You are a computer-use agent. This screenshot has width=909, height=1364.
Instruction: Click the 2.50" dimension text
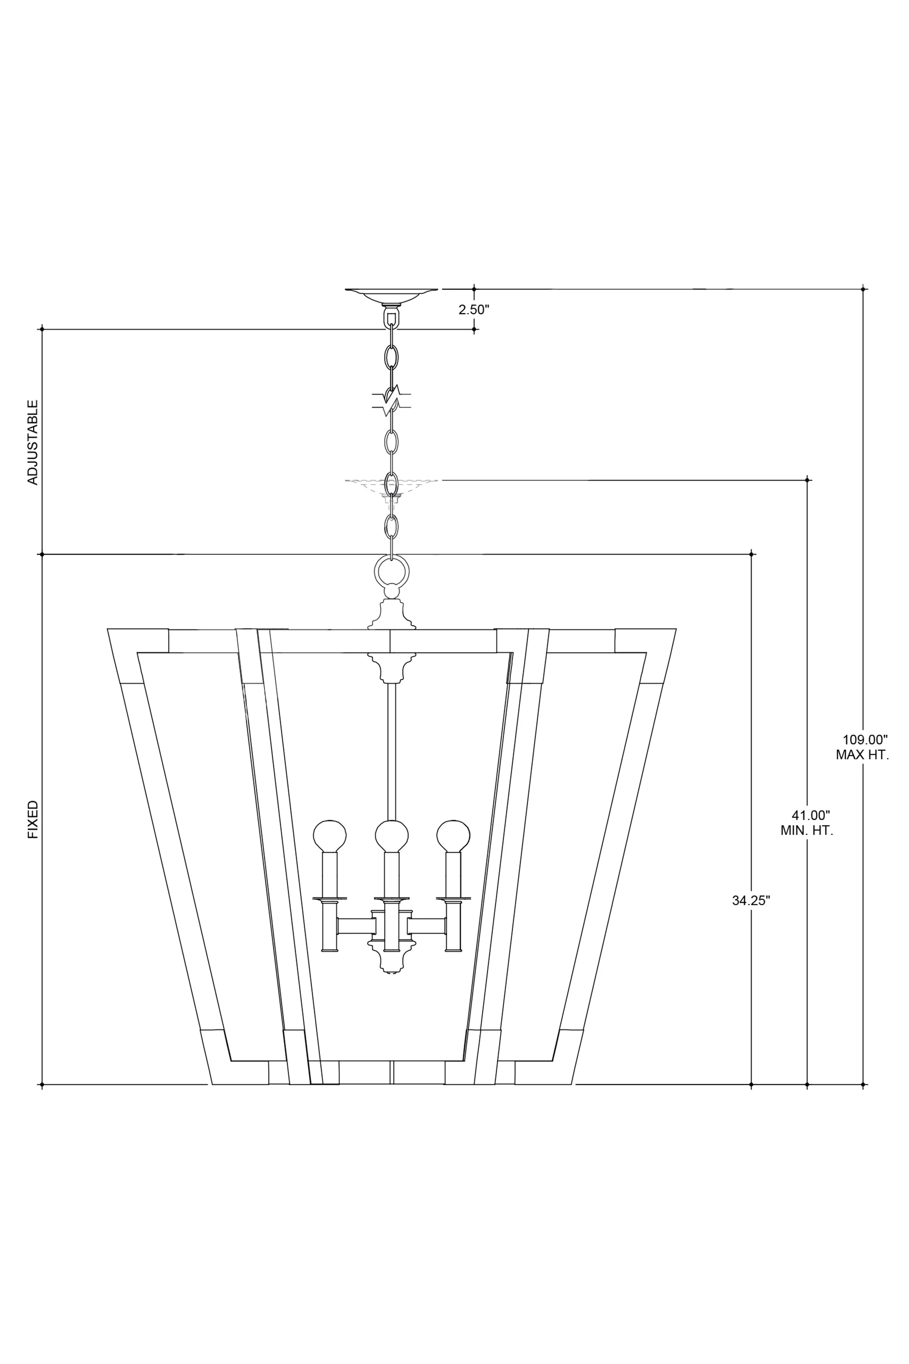click(x=474, y=310)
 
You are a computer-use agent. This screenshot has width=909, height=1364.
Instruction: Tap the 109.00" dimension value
click(x=865, y=740)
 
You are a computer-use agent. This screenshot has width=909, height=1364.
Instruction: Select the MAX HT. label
click(x=862, y=755)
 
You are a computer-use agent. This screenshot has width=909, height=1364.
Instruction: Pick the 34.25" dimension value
click(x=751, y=901)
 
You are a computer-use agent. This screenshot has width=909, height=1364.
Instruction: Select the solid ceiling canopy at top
click(x=391, y=296)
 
